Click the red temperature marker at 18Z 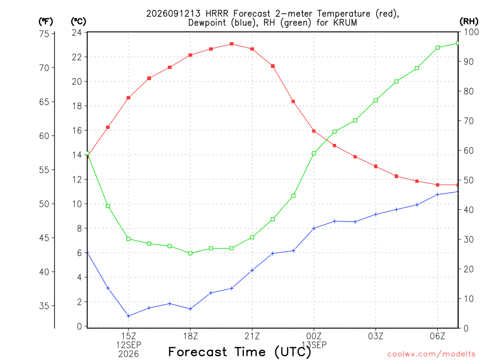point(190,55)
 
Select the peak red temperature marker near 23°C point(232,44)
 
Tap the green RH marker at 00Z point(314,153)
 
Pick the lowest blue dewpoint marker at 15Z point(128,316)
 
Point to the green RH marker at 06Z point(437,48)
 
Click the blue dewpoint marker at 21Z point(252,270)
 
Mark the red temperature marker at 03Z point(375,166)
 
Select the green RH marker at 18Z point(190,253)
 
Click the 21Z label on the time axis point(252,337)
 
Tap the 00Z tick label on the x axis point(314,337)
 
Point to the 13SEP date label point(314,345)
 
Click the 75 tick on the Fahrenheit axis point(44,34)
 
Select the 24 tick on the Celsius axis point(77,32)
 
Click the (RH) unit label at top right point(469,21)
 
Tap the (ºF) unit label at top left point(45,22)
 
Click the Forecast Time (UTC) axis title point(240,352)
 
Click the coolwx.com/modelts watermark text point(431,354)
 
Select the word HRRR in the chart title point(217,14)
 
